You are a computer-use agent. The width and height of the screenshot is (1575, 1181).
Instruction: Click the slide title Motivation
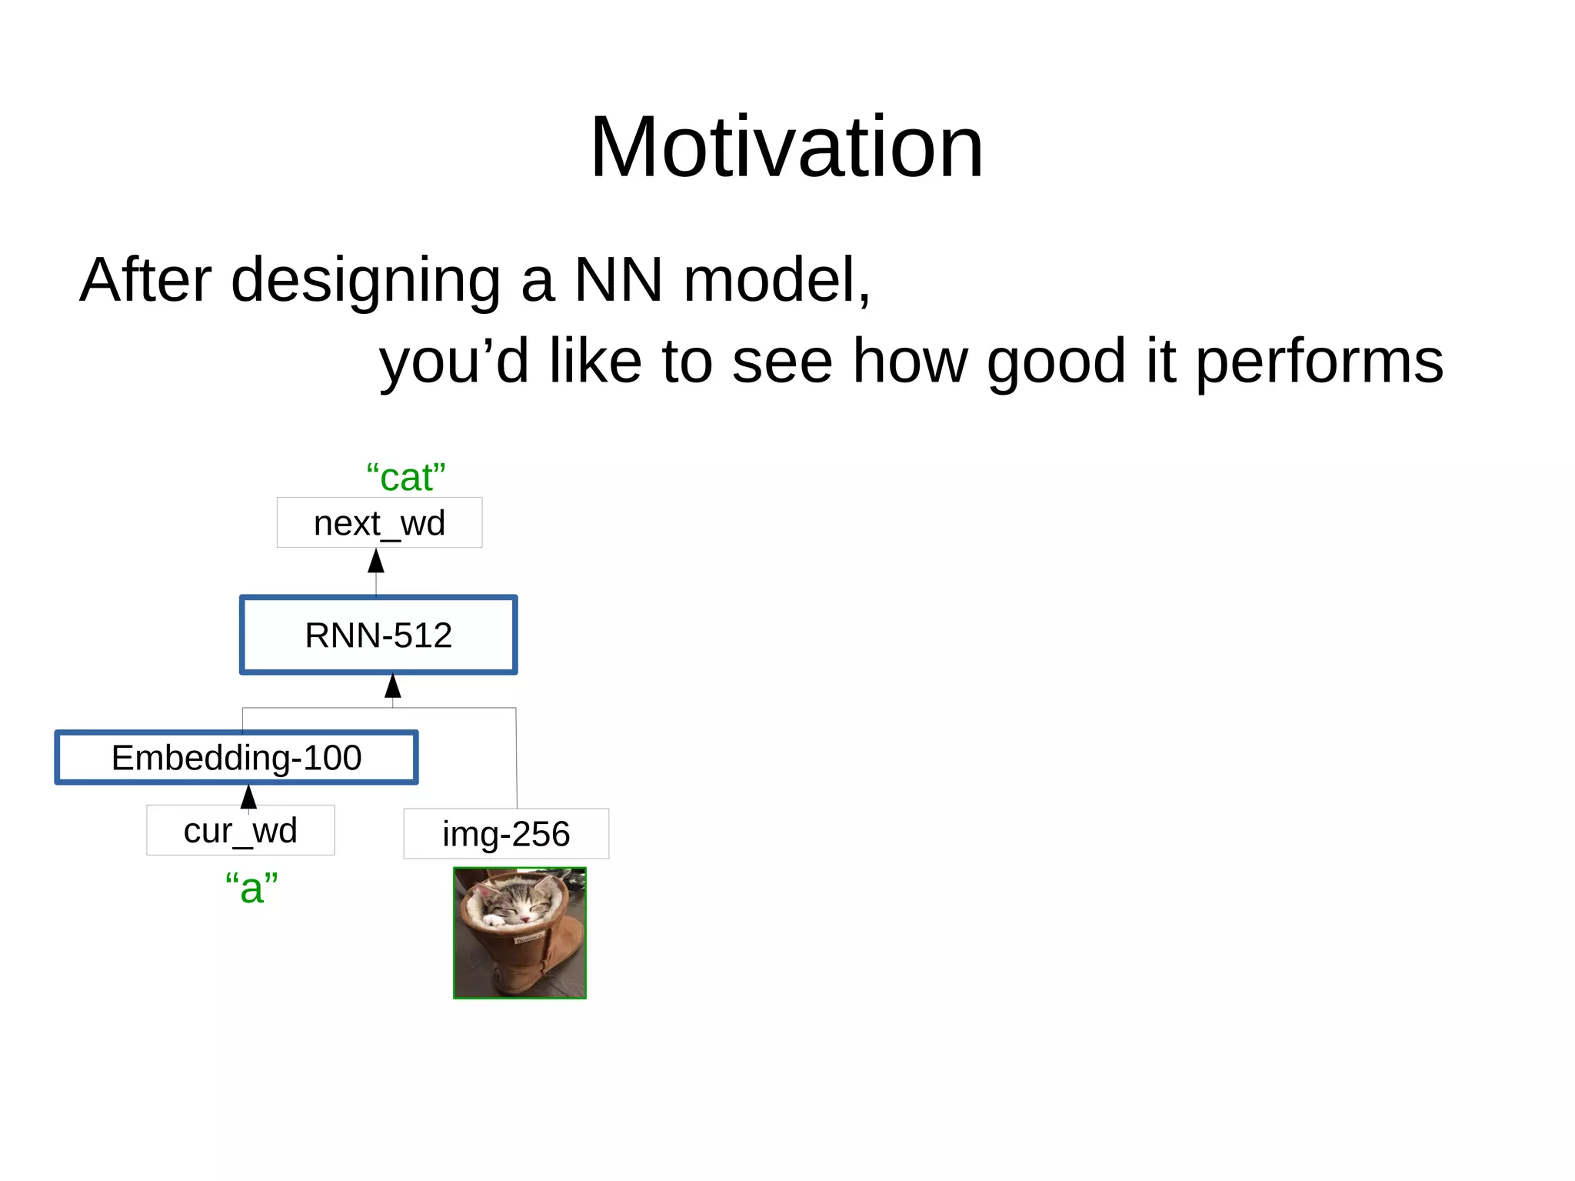(786, 148)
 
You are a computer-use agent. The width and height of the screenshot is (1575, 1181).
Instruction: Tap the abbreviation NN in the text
(618, 279)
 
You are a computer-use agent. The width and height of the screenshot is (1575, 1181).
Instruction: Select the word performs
(1320, 362)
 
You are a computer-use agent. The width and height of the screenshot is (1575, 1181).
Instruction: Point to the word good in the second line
(1056, 362)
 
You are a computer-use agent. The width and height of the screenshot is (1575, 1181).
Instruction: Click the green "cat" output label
(405, 478)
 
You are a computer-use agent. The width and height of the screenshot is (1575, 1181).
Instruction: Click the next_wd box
(379, 523)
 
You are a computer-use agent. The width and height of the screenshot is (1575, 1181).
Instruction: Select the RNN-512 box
(378, 636)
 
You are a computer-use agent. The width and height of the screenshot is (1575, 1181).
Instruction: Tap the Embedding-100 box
(236, 758)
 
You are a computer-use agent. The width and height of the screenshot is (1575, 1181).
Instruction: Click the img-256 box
(506, 834)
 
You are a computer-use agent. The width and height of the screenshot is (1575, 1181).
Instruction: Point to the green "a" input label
(251, 889)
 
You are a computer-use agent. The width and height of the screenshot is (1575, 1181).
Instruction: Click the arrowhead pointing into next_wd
(376, 561)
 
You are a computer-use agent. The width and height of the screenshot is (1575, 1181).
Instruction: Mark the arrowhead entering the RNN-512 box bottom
(393, 686)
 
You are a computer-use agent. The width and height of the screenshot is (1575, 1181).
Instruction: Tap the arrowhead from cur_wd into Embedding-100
(248, 796)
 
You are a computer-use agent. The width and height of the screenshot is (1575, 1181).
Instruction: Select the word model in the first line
(775, 279)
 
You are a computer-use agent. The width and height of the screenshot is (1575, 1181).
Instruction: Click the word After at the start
(145, 279)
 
